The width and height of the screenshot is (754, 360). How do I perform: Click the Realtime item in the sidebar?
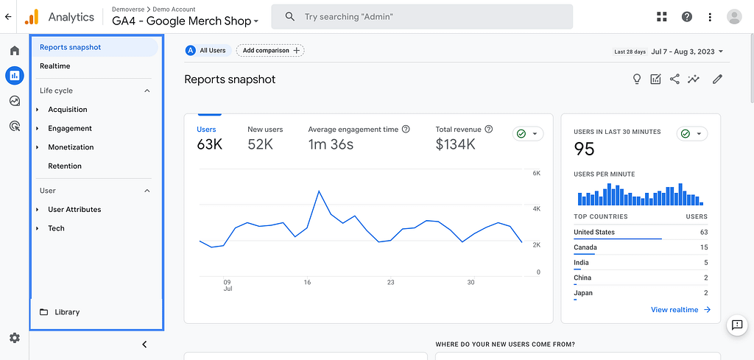55,66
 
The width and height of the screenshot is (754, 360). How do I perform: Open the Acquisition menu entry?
68,110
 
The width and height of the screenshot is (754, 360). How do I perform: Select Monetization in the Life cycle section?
71,147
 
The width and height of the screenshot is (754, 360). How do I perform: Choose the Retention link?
65,166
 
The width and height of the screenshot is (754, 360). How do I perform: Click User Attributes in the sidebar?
74,210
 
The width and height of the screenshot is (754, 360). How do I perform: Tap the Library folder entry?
66,312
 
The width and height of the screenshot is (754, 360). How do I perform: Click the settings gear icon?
14,338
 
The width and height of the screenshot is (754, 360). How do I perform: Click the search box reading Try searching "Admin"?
422,17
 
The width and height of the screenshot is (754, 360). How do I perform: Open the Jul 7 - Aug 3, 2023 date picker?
687,52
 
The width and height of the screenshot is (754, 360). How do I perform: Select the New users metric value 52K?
261,144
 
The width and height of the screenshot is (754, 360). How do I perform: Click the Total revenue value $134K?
455,144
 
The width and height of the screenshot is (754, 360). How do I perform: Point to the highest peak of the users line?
319,191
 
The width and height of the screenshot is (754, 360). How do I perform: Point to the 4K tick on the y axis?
537,209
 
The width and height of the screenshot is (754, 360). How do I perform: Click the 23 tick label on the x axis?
390,282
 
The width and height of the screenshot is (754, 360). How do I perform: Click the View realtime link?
680,310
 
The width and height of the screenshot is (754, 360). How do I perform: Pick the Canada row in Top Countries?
585,247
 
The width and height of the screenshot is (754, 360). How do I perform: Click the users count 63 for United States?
703,232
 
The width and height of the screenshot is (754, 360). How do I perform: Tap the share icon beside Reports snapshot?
674,80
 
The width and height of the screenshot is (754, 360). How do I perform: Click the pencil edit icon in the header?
717,80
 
